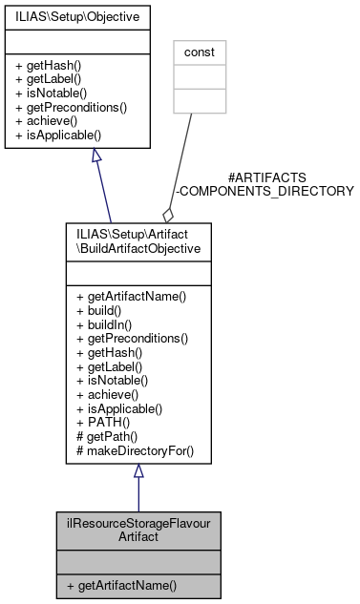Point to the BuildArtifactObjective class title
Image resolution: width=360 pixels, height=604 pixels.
138,240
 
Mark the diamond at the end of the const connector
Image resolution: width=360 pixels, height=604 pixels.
168,215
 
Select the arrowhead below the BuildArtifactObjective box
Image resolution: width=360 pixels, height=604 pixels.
138,472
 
